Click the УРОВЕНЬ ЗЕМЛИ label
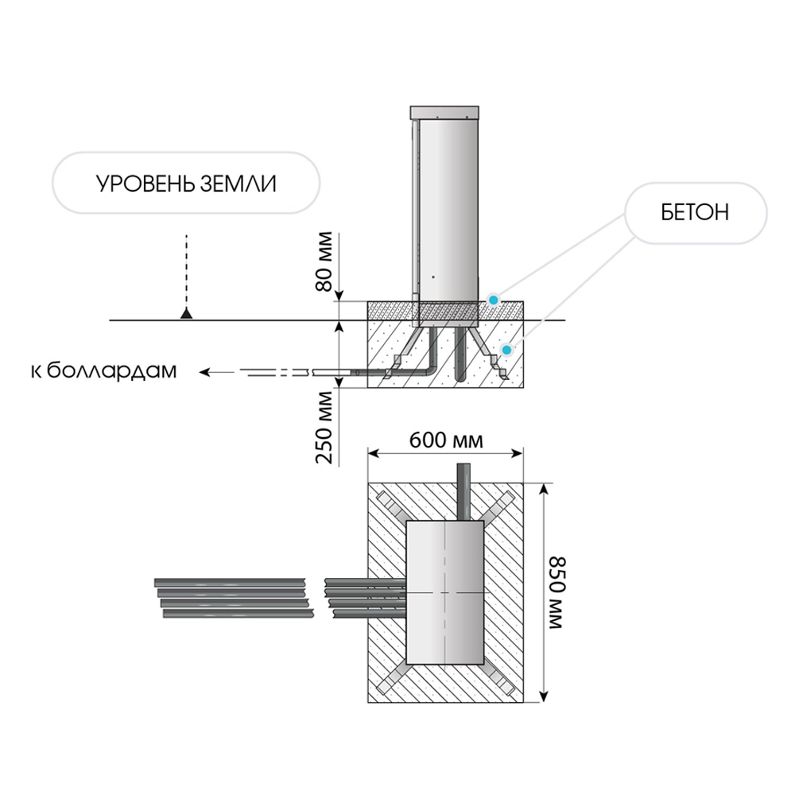(186, 184)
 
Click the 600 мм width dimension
(445, 440)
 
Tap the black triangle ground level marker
(186, 313)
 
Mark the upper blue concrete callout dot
(494, 300)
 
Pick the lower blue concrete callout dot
(506, 348)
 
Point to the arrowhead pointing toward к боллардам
(204, 371)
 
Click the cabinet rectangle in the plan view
(446, 592)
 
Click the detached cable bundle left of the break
(233, 595)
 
